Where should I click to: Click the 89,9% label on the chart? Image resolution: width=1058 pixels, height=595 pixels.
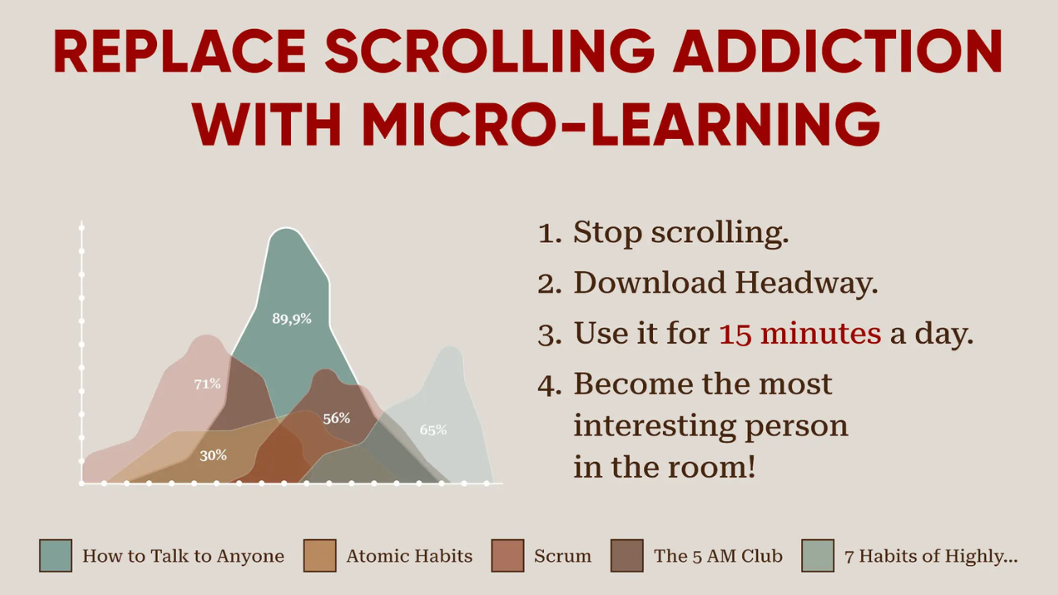click(x=292, y=319)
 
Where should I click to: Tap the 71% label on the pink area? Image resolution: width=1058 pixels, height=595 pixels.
click(x=207, y=384)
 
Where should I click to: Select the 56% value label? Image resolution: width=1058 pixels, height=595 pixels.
click(x=336, y=418)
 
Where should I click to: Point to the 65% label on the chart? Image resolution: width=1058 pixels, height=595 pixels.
click(x=433, y=430)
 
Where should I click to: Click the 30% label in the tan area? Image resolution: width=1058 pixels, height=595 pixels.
click(x=213, y=455)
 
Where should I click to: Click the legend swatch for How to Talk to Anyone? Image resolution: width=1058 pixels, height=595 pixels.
click(x=55, y=555)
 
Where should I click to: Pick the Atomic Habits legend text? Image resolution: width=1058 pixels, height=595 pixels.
click(x=409, y=556)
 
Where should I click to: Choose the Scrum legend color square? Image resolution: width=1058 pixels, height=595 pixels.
click(x=508, y=555)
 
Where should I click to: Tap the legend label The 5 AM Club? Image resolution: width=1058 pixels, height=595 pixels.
click(x=718, y=556)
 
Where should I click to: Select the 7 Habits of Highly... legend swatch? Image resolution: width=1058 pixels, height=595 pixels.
click(x=817, y=555)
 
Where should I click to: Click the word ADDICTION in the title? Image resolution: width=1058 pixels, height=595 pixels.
click(x=837, y=51)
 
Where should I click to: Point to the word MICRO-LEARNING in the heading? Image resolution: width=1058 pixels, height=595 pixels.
click(x=621, y=124)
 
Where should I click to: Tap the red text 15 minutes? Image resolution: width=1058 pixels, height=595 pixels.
click(x=799, y=333)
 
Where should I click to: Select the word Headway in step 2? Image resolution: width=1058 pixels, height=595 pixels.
click(x=807, y=283)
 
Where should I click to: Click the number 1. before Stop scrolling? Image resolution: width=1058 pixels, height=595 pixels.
click(x=550, y=233)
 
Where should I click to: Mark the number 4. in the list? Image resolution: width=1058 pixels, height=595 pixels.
click(x=550, y=384)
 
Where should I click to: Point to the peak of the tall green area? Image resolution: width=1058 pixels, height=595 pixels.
click(x=286, y=229)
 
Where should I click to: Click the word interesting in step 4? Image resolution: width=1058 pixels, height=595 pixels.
click(x=654, y=426)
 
